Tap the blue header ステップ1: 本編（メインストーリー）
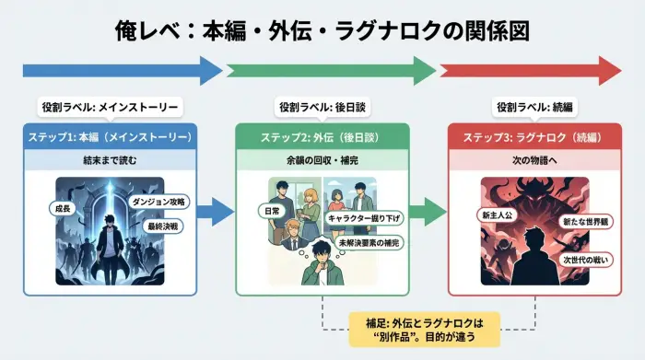[x=110, y=137]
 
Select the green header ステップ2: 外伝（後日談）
[x=322, y=137]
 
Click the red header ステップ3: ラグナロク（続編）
[x=535, y=137]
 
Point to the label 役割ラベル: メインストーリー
[x=110, y=106]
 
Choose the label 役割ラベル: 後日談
[x=322, y=106]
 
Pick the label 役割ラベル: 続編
[x=535, y=106]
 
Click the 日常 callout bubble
[x=271, y=211]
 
